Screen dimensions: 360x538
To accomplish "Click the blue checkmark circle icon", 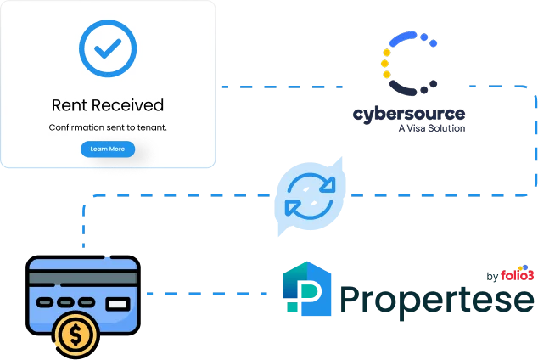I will coord(107,47).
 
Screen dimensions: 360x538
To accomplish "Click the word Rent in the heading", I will coord(70,106).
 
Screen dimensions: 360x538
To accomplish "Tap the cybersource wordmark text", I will coord(409,114).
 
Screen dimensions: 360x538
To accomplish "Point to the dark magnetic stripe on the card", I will coord(81,278).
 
